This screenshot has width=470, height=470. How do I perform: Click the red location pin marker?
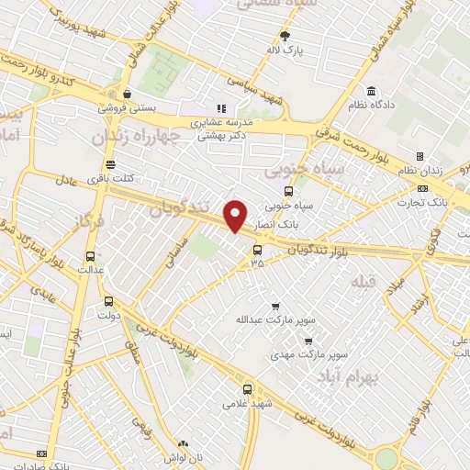(x=236, y=216)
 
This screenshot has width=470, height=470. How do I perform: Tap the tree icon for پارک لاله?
(x=285, y=37)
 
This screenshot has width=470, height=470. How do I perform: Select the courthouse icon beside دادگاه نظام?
(x=371, y=92)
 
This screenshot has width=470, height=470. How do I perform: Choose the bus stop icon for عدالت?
(x=90, y=256)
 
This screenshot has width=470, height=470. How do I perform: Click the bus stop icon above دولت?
(x=108, y=301)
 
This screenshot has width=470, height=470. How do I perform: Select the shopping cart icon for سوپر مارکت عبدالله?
(x=274, y=307)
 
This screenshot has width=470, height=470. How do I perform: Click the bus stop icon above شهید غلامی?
(x=244, y=388)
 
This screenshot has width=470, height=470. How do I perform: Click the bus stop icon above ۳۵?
(x=256, y=249)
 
